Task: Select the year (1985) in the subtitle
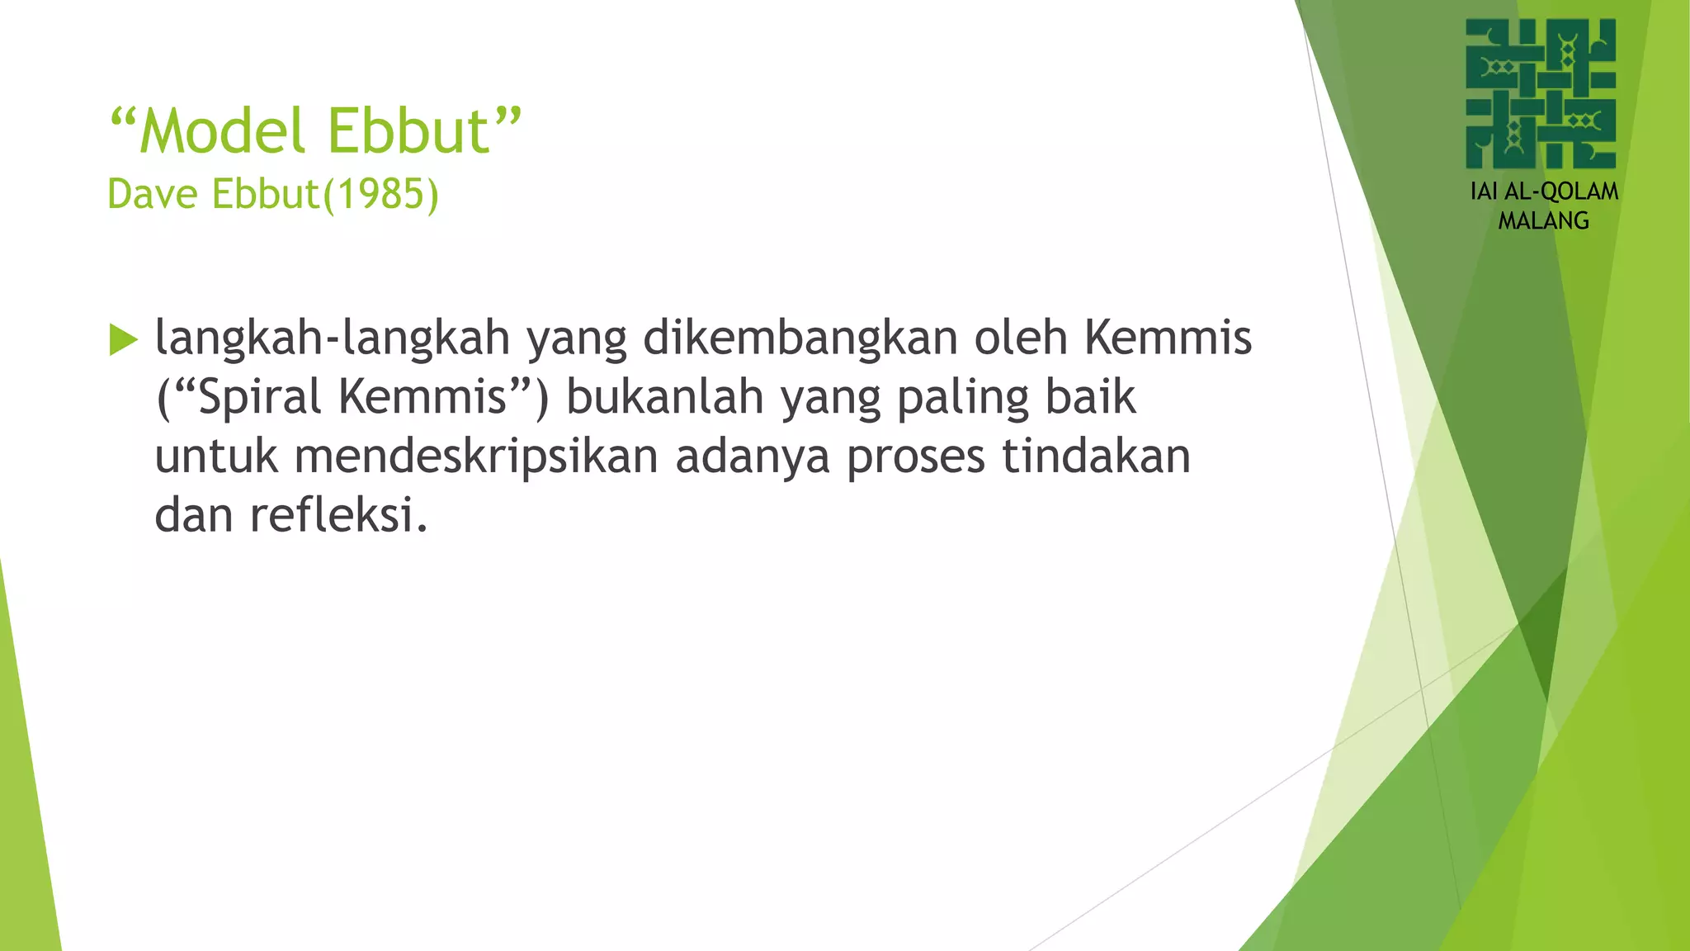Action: [381, 195]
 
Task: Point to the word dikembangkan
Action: [800, 338]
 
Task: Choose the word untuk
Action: [216, 457]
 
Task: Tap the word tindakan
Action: [1097, 457]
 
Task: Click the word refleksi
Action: [338, 516]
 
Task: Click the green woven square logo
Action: [1541, 93]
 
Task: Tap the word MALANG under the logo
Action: [1543, 221]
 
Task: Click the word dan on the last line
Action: [193, 516]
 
